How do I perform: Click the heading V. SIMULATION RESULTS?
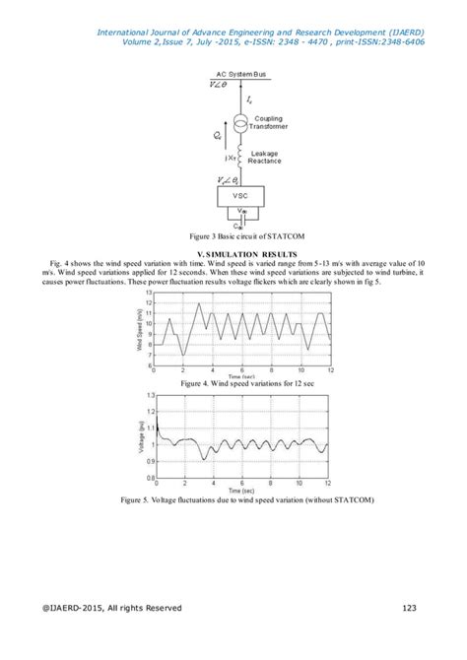233,254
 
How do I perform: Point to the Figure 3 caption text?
233,237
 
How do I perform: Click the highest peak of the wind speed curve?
200,303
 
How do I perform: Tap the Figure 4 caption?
233,384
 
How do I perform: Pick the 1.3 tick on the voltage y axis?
149,395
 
